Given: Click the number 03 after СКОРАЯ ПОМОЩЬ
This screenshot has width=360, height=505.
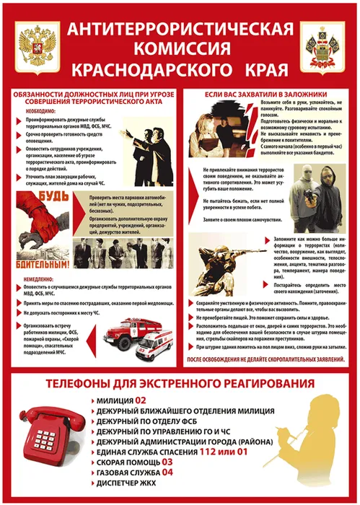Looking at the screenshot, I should (167, 461).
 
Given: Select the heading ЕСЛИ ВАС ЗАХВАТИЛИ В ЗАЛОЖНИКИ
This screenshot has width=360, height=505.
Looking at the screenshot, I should (267, 95).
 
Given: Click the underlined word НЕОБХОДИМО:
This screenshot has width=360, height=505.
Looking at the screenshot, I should (33, 112).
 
